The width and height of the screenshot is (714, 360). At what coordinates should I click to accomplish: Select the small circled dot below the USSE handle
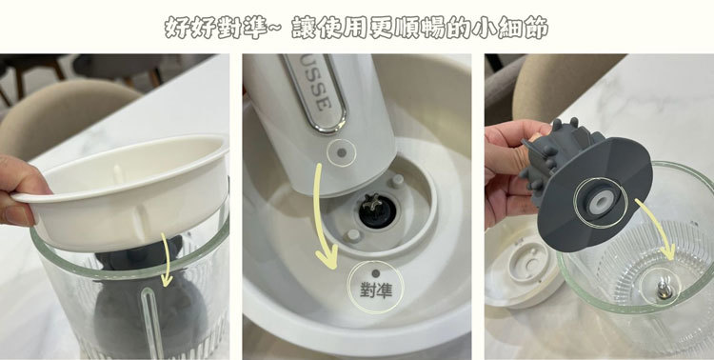point(338,151)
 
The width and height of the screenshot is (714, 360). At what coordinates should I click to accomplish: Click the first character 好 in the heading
point(177,28)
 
